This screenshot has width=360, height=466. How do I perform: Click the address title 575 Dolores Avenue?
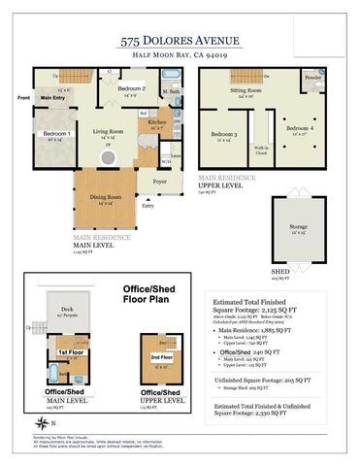[x=180, y=40]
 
